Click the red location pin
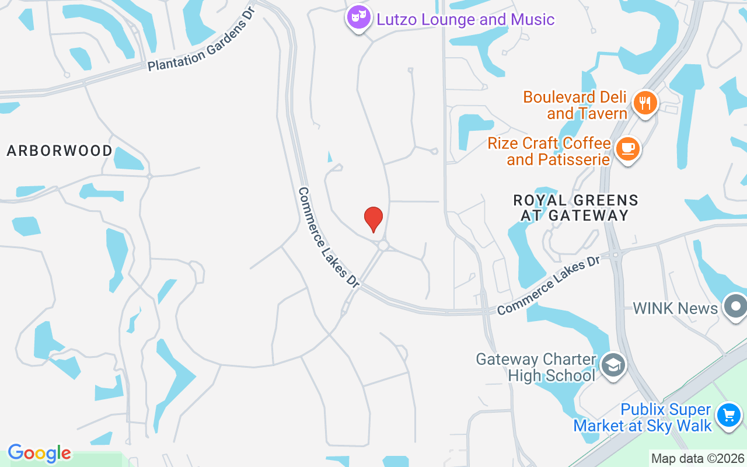pos(373,218)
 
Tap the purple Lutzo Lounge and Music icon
pos(358,18)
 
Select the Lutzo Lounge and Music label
pos(465,19)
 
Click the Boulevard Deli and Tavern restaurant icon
pos(644,103)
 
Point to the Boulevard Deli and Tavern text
pos(575,105)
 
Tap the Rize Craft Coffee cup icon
pos(627,148)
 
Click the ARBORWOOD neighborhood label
pos(60,151)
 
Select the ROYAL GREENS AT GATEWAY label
pos(575,208)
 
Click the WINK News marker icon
pos(735,306)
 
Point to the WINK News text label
pos(675,308)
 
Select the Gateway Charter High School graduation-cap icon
pos(612,366)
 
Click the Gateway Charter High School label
pos(536,367)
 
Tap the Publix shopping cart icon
pos(728,416)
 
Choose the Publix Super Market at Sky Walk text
pos(643,418)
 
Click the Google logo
pos(39,453)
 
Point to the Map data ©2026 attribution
pos(698,458)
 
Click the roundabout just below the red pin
pos(383,246)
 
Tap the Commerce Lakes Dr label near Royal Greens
pos(548,285)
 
